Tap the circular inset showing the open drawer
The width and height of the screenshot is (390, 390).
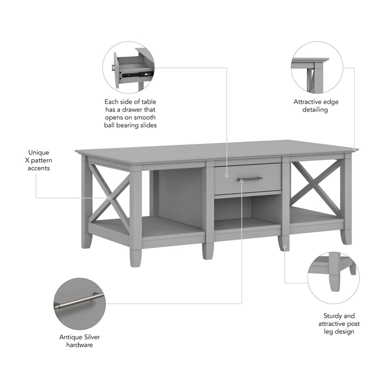[128, 67]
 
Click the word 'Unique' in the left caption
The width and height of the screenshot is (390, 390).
[39, 152]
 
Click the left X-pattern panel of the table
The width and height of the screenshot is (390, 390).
[110, 197]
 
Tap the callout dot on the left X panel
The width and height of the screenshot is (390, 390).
[110, 198]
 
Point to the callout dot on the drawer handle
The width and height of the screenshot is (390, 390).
[242, 180]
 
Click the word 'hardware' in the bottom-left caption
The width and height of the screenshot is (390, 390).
[79, 345]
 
